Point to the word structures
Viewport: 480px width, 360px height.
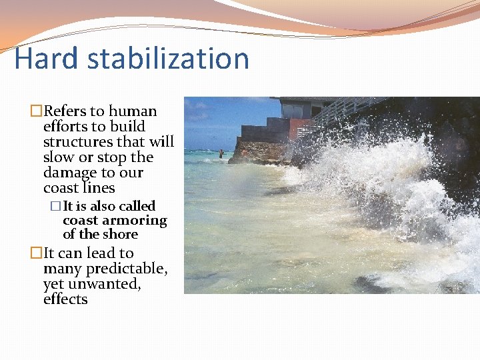(78, 142)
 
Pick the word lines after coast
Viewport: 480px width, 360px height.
(98, 188)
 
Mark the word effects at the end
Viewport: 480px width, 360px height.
(65, 299)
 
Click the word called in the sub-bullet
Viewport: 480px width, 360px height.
(137, 207)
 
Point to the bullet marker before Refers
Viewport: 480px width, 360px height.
(36, 111)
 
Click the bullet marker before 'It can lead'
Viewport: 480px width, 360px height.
(36, 253)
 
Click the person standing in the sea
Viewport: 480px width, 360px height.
(221, 154)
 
